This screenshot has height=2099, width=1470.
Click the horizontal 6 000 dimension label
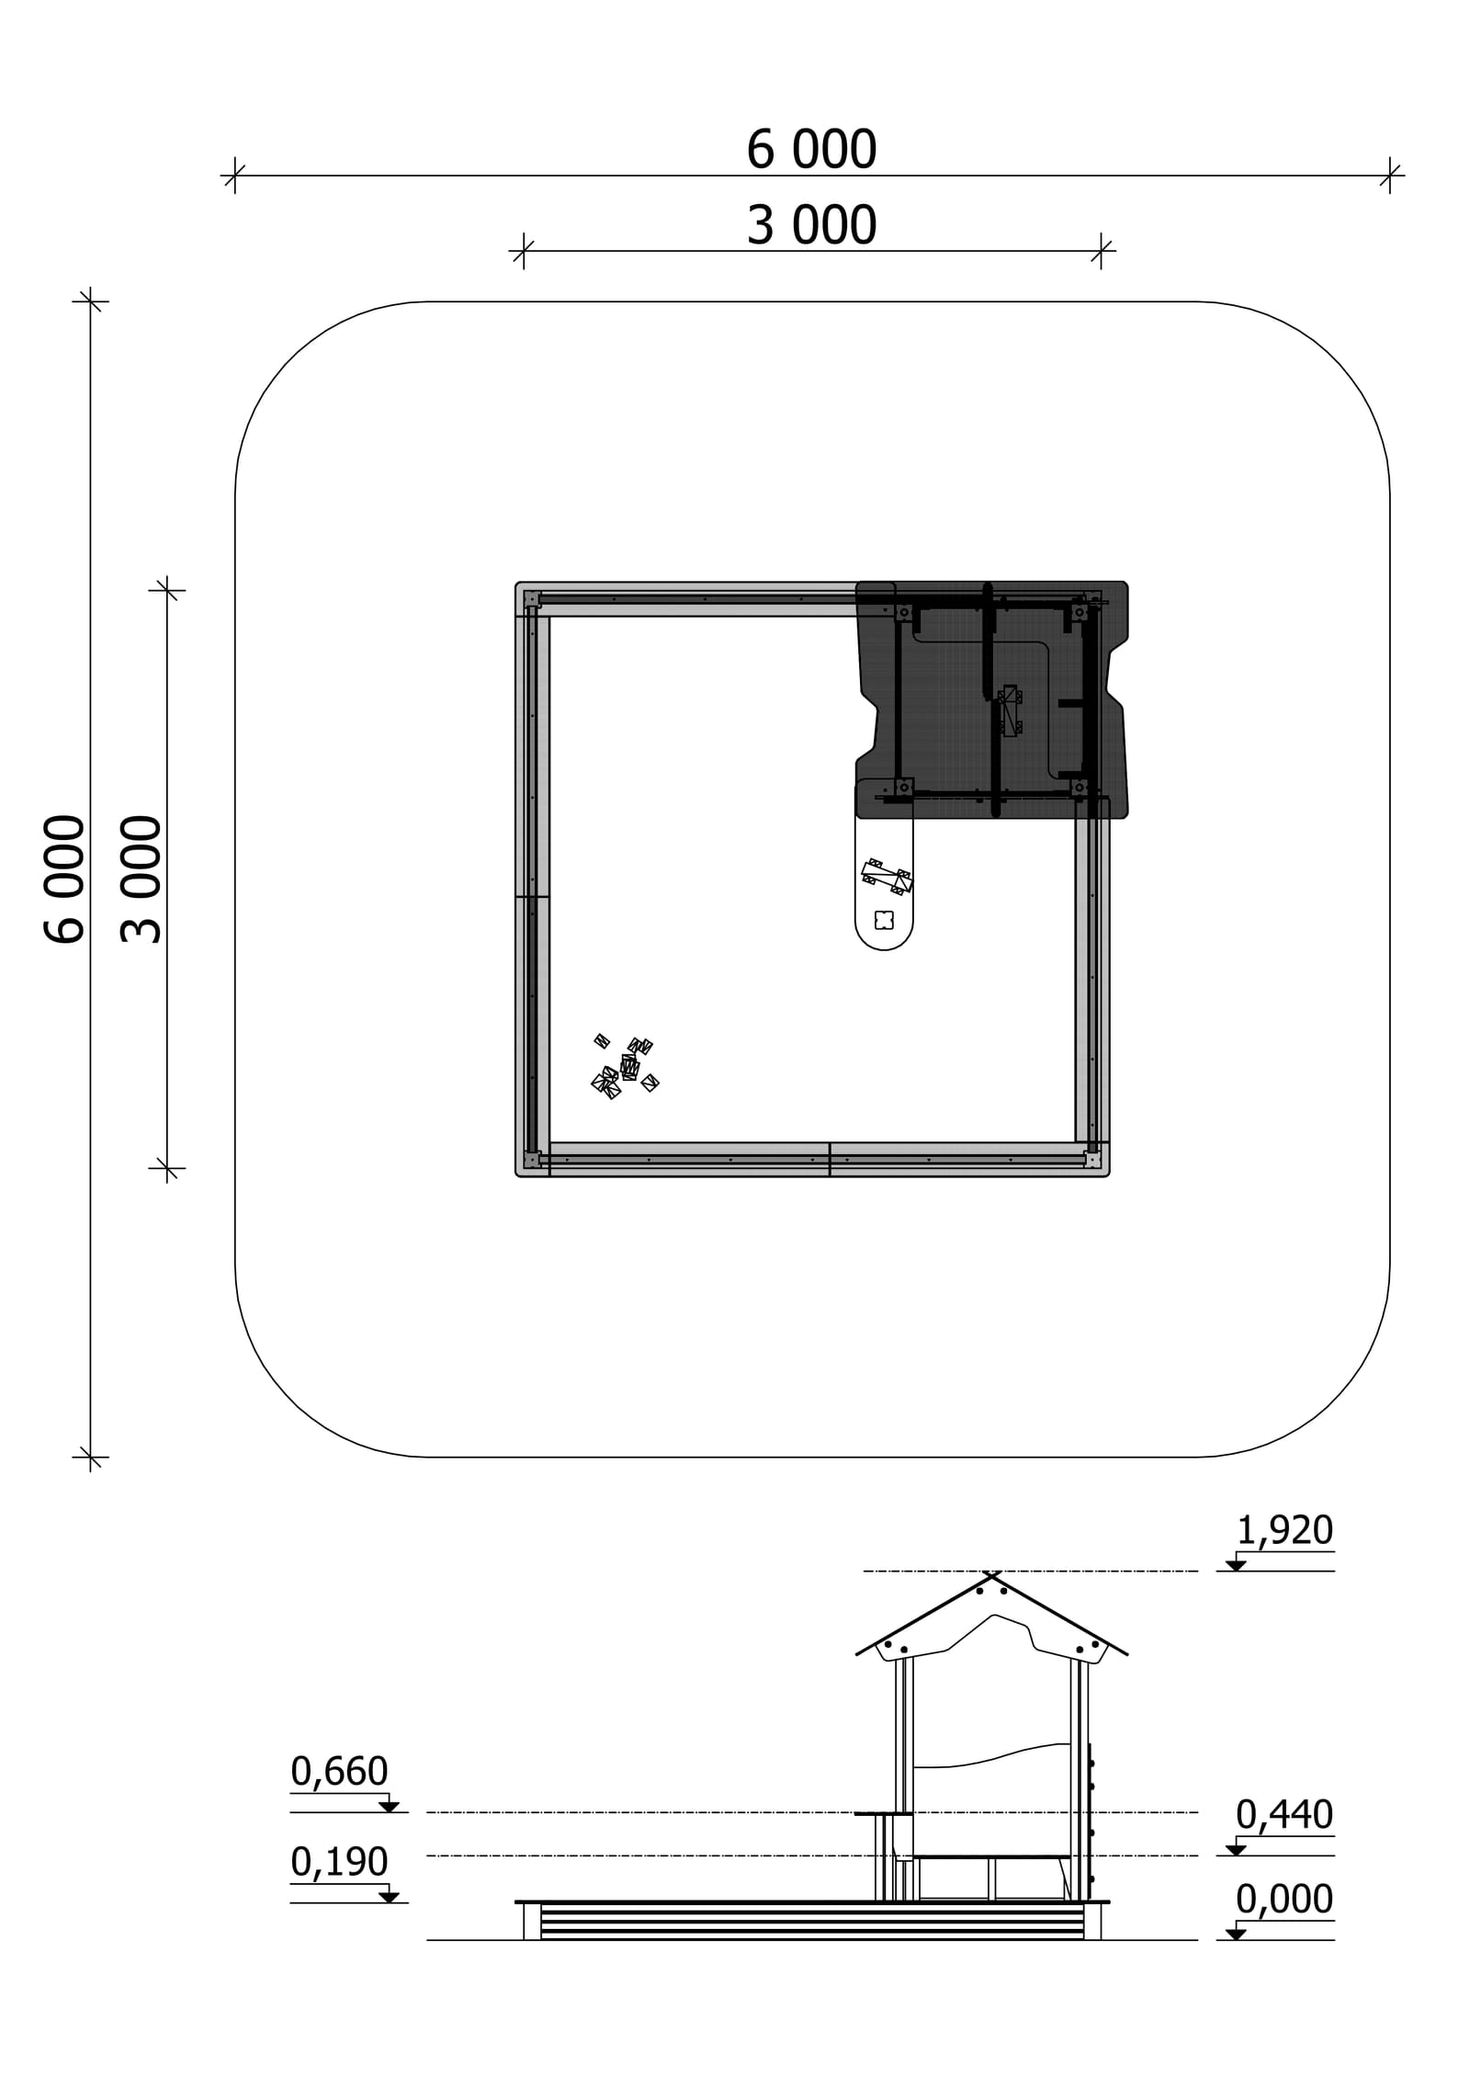pyautogui.click(x=811, y=150)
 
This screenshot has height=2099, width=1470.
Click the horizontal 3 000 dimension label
pyautogui.click(x=811, y=226)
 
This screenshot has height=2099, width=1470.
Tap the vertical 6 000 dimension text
pyautogui.click(x=64, y=879)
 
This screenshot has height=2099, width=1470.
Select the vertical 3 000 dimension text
pyautogui.click(x=141, y=879)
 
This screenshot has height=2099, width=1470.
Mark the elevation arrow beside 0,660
pyautogui.click(x=389, y=1807)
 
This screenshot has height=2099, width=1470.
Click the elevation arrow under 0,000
pyautogui.click(x=1236, y=1934)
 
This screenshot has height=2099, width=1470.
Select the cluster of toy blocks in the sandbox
pyautogui.click(x=625, y=1066)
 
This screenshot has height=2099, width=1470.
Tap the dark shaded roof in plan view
pyautogui.click(x=992, y=699)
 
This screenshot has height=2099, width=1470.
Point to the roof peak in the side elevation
pyautogui.click(x=991, y=1573)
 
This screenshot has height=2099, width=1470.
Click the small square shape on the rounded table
pyautogui.click(x=884, y=920)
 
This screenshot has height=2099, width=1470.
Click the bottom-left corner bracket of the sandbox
pyautogui.click(x=531, y=1160)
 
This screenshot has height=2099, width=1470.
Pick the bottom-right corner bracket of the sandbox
pyautogui.click(x=1092, y=1160)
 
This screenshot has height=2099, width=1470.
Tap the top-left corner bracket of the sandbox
pyautogui.click(x=531, y=599)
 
